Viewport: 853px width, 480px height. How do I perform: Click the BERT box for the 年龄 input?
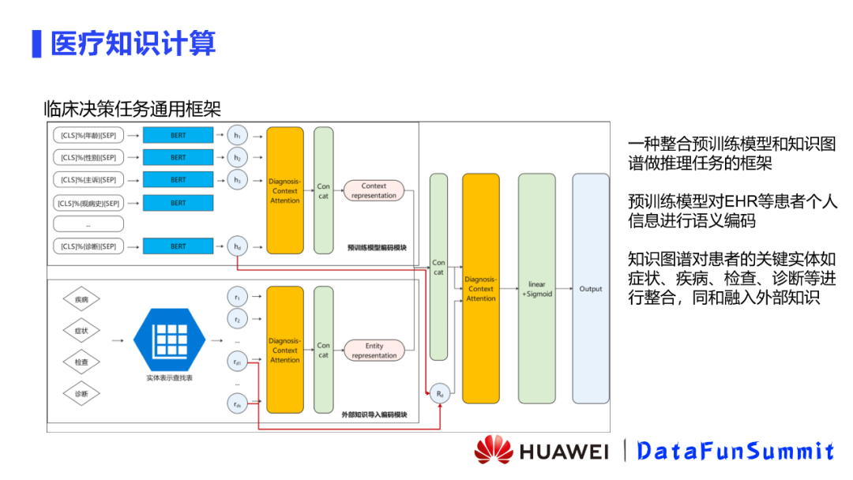(178, 135)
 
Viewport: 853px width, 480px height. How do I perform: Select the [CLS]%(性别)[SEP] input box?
(88, 157)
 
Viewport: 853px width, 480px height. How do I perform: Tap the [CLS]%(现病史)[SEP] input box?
(88, 203)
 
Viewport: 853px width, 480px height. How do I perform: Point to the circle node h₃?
(237, 180)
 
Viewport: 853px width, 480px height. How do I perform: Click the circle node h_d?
(237, 246)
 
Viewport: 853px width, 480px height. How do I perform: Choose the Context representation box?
(374, 191)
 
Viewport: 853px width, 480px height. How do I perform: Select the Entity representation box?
(374, 351)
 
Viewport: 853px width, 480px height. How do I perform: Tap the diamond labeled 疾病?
(81, 300)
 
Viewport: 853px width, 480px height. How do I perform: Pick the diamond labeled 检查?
(81, 362)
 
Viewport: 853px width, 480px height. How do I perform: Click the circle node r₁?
(237, 297)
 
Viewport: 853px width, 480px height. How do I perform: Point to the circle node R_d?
(439, 393)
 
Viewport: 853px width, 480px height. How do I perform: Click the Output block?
(591, 288)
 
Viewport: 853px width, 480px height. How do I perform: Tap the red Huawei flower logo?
(494, 450)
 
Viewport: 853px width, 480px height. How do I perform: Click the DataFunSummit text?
(735, 451)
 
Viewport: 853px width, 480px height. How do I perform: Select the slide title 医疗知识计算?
(133, 43)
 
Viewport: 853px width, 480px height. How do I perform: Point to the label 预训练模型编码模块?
(377, 248)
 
